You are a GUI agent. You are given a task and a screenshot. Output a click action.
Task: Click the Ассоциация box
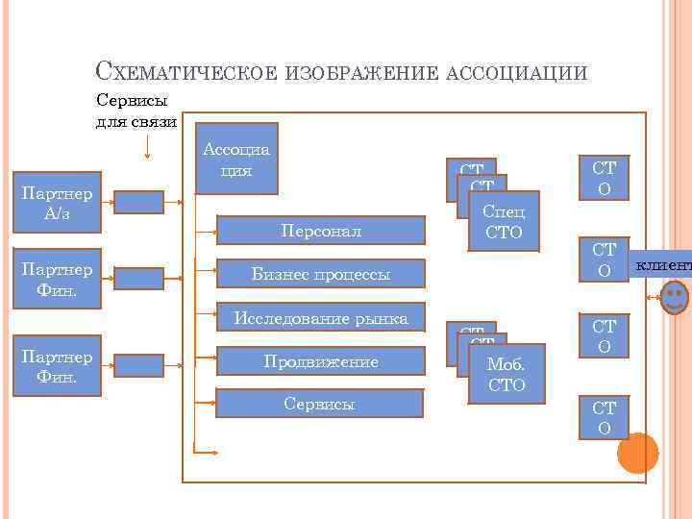point(236,158)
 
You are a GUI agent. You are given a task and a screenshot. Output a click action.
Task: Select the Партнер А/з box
point(57,202)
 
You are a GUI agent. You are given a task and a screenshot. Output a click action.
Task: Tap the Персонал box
point(321,231)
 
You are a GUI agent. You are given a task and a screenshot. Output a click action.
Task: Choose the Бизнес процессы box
point(321,274)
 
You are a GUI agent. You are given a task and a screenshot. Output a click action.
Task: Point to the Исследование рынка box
point(321,318)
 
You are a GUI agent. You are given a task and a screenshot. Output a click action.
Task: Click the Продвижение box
point(321,361)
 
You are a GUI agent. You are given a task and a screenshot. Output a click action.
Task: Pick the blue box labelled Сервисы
point(319,404)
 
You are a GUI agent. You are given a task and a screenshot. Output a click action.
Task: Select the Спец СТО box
point(504,222)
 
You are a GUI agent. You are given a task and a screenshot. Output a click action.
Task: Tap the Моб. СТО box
point(507,375)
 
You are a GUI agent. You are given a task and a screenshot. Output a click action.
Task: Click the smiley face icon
point(676,295)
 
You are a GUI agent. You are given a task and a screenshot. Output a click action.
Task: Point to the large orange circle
point(637,453)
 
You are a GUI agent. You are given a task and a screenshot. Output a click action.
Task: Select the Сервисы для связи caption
point(136,110)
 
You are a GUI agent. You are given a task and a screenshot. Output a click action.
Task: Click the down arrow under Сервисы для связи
point(146,146)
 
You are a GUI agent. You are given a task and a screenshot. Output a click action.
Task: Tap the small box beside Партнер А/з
point(139,202)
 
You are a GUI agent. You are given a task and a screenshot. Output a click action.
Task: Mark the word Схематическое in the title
point(187,72)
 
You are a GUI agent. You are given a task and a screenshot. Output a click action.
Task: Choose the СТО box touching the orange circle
point(604,418)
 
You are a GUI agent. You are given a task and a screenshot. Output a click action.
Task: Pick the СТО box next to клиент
point(604,261)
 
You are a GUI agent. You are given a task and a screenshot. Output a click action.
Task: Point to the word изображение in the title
point(361,72)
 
